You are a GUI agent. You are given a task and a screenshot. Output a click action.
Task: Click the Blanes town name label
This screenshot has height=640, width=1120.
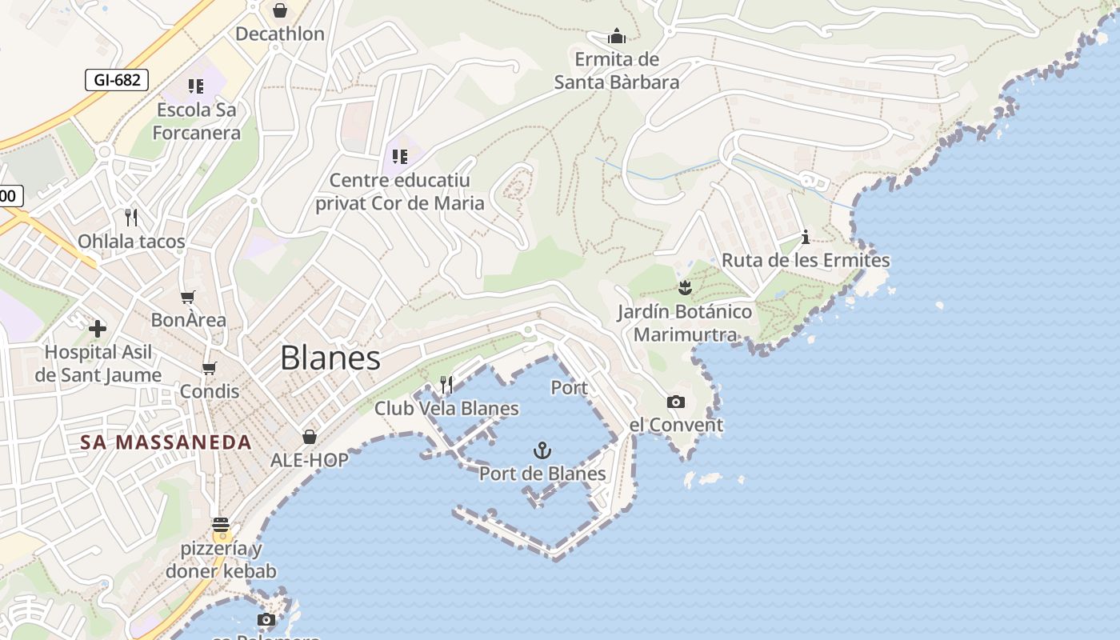click(330, 358)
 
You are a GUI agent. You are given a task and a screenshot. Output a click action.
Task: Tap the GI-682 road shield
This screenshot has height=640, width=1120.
click(117, 80)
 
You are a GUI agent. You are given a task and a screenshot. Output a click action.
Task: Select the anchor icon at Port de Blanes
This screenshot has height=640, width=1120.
click(542, 450)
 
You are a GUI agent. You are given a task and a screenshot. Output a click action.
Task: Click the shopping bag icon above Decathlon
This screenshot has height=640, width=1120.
click(280, 10)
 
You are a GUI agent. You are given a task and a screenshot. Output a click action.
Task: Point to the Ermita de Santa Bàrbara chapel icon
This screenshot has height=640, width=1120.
click(617, 36)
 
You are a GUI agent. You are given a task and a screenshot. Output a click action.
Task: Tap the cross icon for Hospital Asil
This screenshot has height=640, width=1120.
click(98, 328)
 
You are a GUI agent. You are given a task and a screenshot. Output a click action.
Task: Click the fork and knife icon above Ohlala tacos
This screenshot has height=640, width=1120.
click(131, 217)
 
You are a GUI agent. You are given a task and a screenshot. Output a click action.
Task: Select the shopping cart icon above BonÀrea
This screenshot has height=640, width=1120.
click(188, 298)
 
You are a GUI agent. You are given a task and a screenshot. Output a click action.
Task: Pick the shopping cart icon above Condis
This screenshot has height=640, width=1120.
click(210, 368)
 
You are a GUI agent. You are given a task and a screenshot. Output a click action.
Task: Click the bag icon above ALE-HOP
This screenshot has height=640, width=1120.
click(310, 437)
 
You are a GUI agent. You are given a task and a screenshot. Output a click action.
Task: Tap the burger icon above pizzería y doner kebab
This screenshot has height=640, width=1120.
click(221, 525)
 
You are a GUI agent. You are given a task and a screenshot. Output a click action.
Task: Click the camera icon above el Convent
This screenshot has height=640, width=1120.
click(676, 402)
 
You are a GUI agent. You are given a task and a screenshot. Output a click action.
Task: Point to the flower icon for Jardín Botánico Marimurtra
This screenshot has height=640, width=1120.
click(685, 287)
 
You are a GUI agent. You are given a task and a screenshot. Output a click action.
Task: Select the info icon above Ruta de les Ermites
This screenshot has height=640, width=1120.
click(806, 237)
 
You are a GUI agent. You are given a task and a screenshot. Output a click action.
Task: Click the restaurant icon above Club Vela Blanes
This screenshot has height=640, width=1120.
click(446, 385)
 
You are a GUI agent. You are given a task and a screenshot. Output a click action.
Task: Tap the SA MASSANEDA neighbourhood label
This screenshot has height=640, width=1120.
click(166, 442)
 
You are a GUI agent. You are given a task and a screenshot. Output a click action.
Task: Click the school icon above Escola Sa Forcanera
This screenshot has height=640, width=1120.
click(196, 86)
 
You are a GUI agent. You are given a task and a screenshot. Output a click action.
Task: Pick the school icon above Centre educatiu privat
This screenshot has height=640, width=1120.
click(400, 156)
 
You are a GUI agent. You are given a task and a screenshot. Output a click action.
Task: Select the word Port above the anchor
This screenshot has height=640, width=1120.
click(570, 388)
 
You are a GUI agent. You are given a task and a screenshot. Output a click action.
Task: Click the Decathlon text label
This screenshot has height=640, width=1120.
click(280, 34)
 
